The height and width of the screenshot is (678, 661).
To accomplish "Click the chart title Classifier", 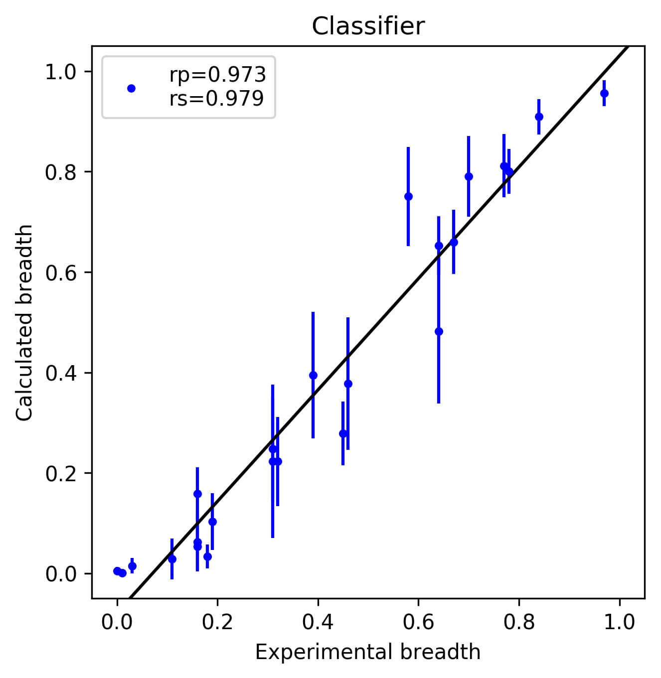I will [x=368, y=26].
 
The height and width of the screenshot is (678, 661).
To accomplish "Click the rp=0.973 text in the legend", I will [x=217, y=75].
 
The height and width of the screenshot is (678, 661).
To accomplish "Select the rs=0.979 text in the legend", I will [x=216, y=99].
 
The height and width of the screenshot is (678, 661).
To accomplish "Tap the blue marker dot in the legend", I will [x=131, y=88].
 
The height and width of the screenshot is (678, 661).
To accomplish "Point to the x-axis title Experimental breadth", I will [x=367, y=652].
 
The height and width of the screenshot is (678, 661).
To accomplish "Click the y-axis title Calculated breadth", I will [x=24, y=322].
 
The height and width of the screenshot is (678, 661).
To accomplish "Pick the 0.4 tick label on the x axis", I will [x=318, y=622].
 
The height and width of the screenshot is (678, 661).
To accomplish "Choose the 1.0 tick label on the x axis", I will [x=619, y=622].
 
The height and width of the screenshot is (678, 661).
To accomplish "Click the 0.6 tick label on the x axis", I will [x=418, y=622].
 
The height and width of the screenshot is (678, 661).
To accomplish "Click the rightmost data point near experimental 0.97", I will [x=604, y=93].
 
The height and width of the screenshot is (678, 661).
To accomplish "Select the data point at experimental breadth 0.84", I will [x=539, y=117].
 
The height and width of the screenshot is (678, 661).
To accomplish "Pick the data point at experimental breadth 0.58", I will [x=408, y=196].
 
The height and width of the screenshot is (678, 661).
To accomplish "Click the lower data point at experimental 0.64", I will [x=439, y=331].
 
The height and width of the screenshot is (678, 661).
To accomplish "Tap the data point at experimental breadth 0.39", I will [x=313, y=375].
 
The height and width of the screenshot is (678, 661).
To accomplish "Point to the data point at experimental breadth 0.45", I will [x=343, y=433].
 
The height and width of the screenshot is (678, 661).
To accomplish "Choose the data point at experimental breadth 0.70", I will [x=469, y=176].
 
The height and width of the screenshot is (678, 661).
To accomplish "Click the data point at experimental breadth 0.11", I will [x=172, y=559].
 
